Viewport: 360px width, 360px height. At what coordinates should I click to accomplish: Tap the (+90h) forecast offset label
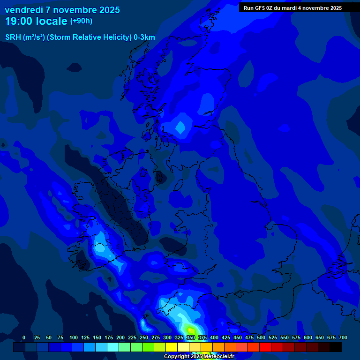tap(81, 21)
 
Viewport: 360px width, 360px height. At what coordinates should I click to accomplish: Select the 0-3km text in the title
tap(144, 37)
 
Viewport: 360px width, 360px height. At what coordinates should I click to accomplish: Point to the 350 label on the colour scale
tap(191, 337)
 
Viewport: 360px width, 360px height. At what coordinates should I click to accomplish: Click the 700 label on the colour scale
tap(343, 337)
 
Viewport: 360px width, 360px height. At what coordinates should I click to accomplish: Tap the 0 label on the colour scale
tap(24, 337)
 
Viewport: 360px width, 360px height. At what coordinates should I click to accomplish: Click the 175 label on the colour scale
tap(109, 337)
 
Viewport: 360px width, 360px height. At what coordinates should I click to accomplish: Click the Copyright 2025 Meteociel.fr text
tap(199, 356)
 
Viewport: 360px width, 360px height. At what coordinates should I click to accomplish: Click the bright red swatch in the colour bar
tap(265, 347)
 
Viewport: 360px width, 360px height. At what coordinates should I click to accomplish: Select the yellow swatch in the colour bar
tap(172, 347)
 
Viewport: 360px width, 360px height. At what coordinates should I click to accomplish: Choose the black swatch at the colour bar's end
tap(336, 347)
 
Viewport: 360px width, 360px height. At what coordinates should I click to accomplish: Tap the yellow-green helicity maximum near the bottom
tap(191, 330)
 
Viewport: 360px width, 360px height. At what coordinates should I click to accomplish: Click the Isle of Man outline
tap(160, 178)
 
